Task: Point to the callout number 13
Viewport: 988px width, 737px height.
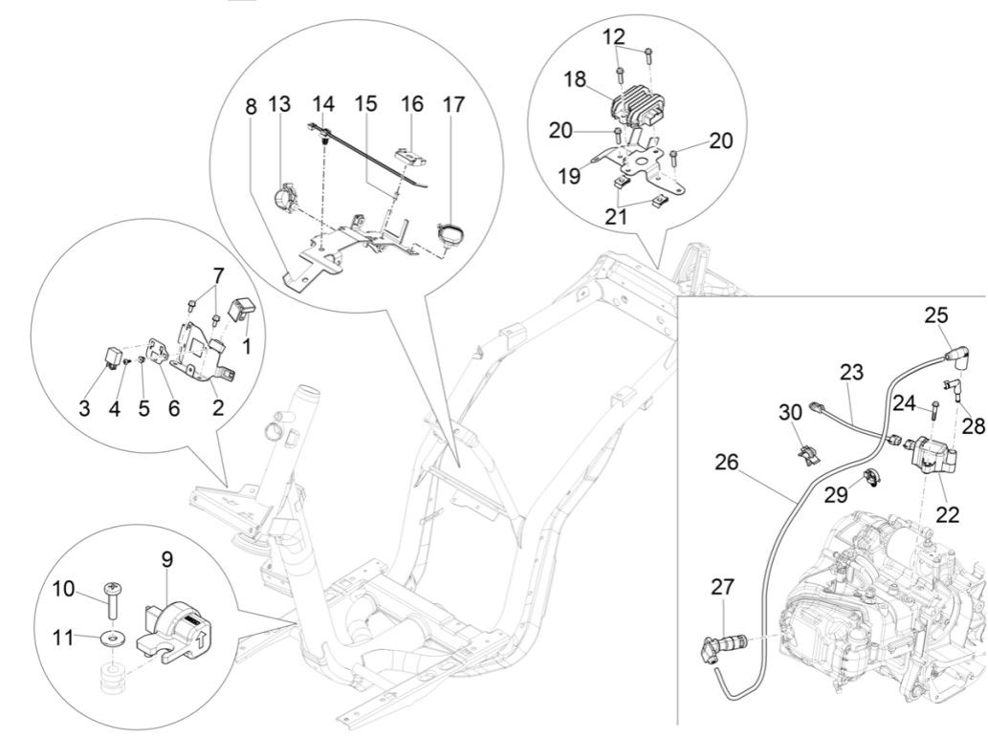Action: [x=278, y=104]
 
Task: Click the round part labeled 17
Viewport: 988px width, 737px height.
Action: [x=449, y=232]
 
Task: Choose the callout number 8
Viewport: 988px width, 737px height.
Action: [x=251, y=105]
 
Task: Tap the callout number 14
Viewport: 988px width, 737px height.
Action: [x=325, y=103]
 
